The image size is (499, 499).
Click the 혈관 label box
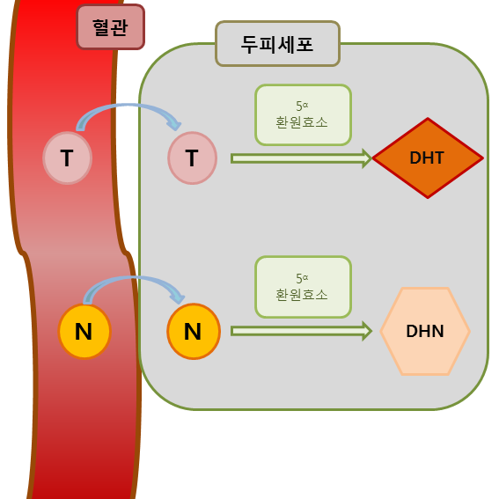[111, 27]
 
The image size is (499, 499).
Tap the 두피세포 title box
[278, 44]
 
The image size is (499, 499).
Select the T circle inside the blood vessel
[68, 158]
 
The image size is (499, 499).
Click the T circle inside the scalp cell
[193, 158]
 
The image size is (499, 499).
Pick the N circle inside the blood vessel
[84, 331]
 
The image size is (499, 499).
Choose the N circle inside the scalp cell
[194, 331]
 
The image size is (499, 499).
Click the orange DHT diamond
[428, 158]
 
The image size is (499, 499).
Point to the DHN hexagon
[425, 331]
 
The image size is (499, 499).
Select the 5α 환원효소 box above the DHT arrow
[304, 115]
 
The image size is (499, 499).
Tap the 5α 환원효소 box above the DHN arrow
[304, 287]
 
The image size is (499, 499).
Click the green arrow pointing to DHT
[301, 158]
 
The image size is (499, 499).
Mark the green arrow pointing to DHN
[301, 331]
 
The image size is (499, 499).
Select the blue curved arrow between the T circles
[128, 106]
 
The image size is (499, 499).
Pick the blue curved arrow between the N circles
[134, 278]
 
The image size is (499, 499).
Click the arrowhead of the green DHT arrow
[367, 158]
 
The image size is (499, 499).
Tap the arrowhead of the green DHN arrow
[367, 331]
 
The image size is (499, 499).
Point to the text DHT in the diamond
[427, 158]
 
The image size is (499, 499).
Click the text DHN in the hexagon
[425, 331]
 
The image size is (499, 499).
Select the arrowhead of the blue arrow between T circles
[175, 125]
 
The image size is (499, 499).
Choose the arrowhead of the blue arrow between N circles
[178, 297]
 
